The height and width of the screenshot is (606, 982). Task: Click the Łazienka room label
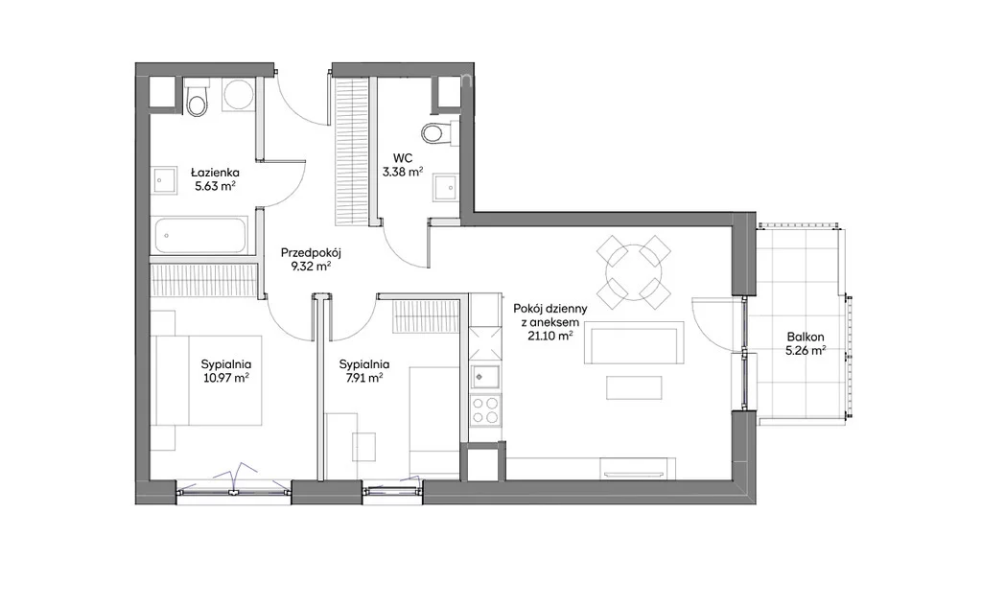215,173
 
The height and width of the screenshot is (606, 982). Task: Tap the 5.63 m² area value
215,186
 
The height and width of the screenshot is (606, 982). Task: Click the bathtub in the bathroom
199,235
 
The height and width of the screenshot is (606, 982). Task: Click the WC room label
403,158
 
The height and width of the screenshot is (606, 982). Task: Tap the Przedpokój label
310,253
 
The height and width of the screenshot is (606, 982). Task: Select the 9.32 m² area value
310,267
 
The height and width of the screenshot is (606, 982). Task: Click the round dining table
634,272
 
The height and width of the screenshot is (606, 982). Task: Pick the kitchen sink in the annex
486,376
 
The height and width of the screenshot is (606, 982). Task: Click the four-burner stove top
486,410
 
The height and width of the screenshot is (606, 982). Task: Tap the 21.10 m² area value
550,337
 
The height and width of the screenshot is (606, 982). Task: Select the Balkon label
806,337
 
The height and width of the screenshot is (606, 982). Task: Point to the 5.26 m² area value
806,351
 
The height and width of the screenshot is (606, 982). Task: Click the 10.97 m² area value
226,378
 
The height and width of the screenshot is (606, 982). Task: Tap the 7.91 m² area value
363,378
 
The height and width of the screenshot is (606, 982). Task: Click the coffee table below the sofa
634,387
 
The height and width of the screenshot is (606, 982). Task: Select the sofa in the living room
634,342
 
